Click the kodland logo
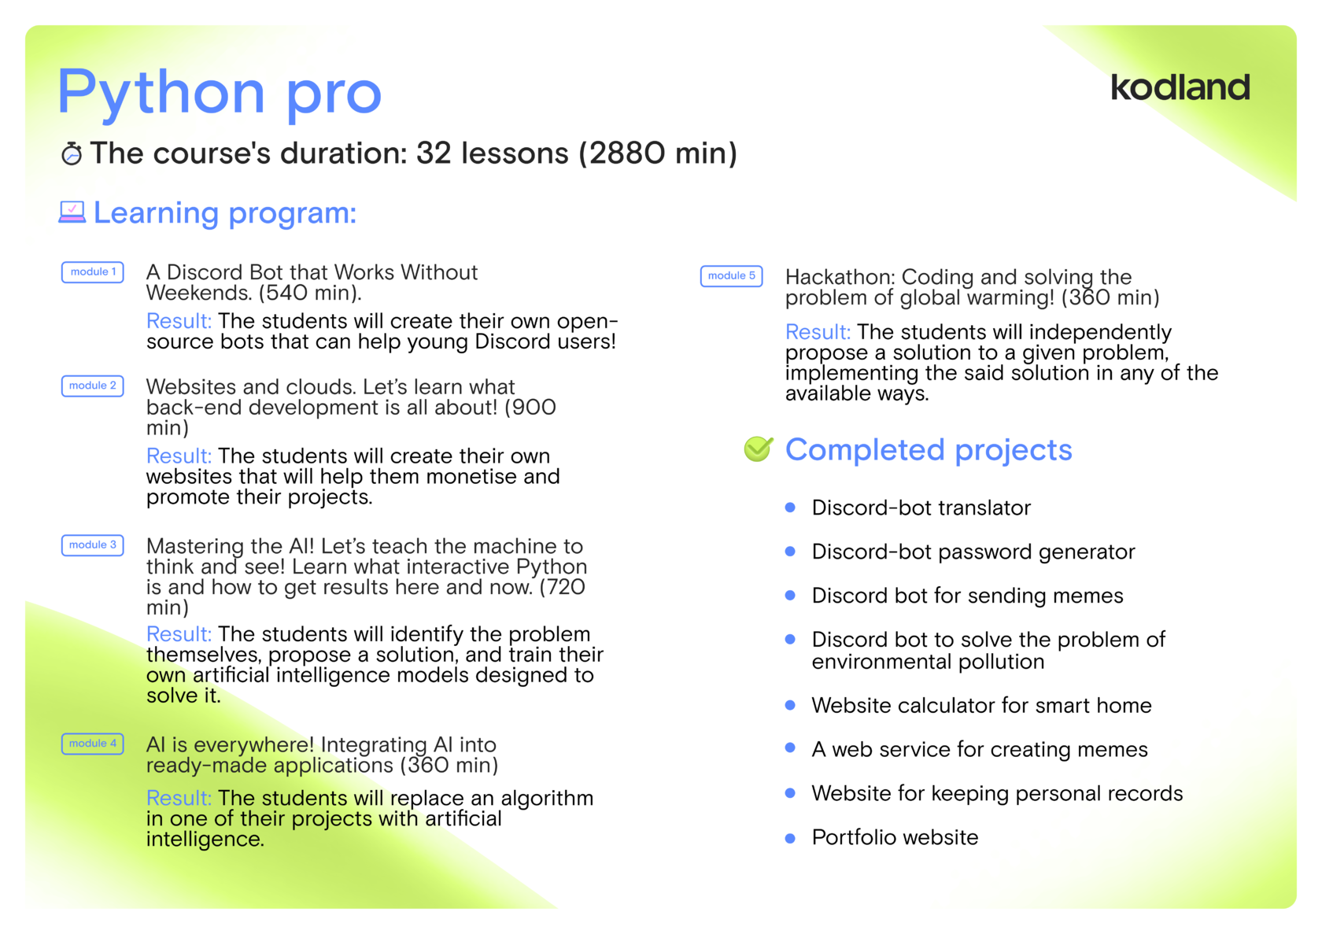(x=1180, y=87)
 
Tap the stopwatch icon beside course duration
(x=72, y=153)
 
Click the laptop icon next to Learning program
(x=72, y=212)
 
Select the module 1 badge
(x=93, y=272)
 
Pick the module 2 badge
(x=93, y=386)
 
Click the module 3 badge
(x=93, y=545)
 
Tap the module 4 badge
(x=93, y=744)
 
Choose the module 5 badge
(x=731, y=276)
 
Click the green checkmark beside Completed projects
(x=759, y=449)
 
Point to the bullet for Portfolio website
(x=790, y=838)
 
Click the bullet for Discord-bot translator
(x=790, y=508)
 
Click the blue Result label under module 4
(x=179, y=798)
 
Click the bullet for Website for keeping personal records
(x=790, y=794)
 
